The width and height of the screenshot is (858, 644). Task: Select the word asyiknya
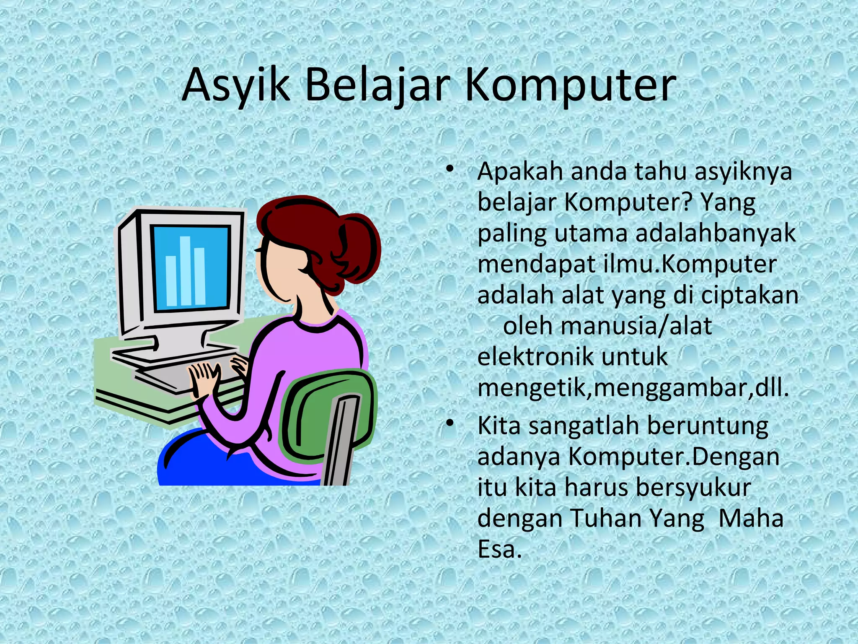(x=743, y=172)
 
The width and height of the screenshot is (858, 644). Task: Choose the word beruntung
(x=708, y=426)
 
